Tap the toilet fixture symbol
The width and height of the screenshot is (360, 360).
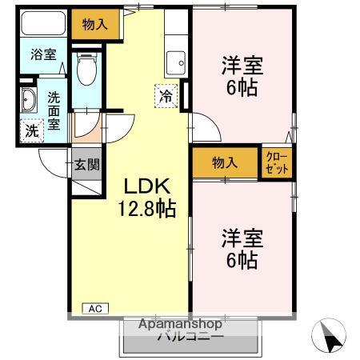(86, 71)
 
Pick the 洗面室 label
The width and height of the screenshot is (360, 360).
(53, 111)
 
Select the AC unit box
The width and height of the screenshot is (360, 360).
(94, 308)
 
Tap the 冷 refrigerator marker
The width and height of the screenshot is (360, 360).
(166, 96)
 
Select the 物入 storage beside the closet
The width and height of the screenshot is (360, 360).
(226, 162)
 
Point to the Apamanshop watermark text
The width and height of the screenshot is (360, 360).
(182, 325)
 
